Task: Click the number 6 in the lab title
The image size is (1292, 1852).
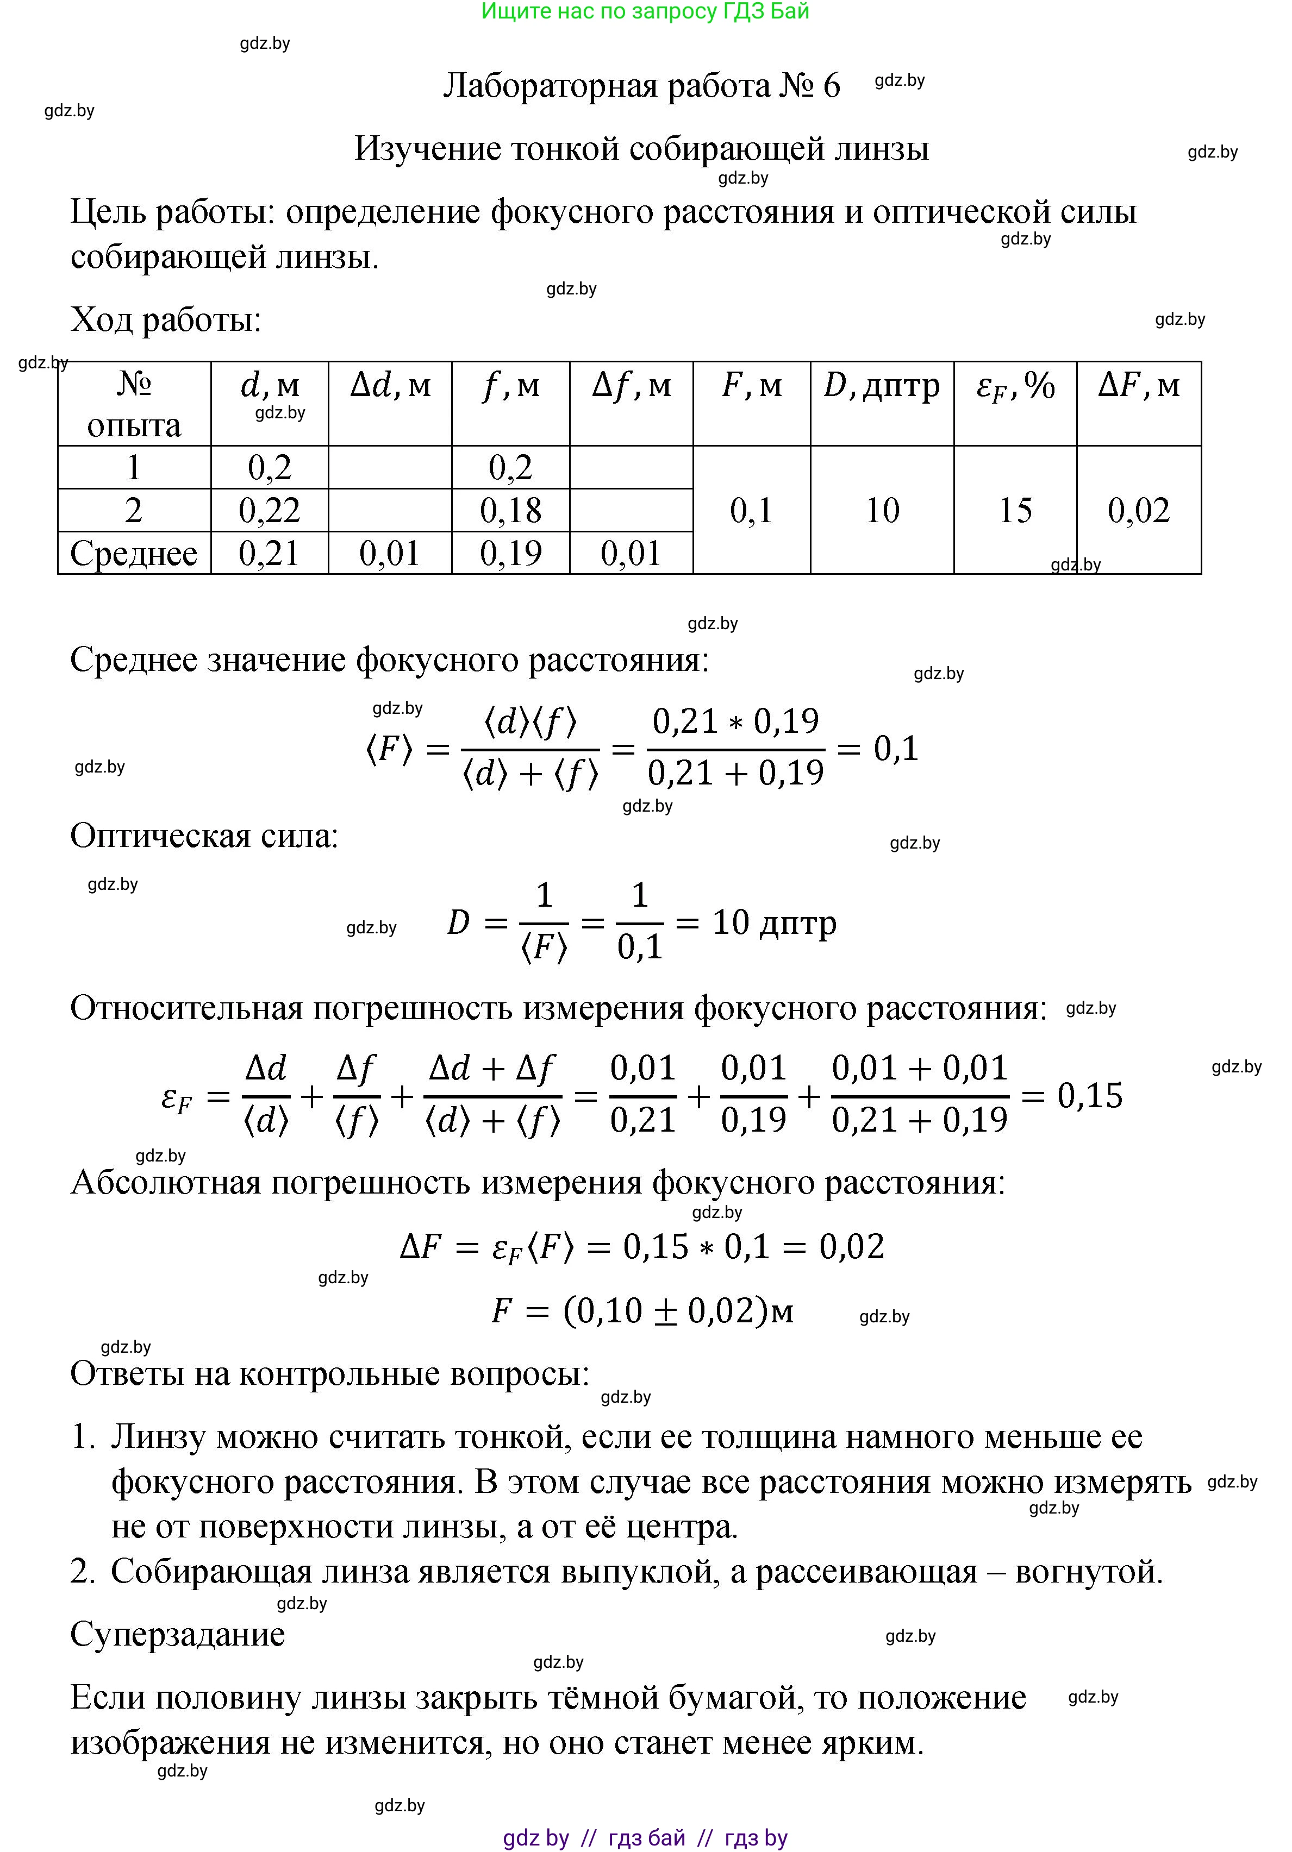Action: (831, 85)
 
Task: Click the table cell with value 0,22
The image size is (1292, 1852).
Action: (270, 510)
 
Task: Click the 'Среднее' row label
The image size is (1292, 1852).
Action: (134, 554)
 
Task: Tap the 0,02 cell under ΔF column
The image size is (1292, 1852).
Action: (1138, 510)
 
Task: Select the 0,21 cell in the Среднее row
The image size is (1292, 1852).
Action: (270, 554)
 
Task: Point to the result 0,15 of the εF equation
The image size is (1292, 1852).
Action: (1089, 1095)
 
